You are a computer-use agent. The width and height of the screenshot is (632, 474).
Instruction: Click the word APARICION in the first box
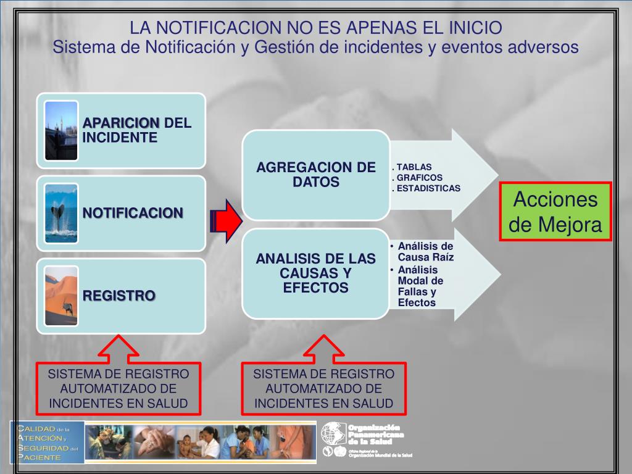(121, 122)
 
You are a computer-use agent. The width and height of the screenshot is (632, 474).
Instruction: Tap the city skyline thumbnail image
(62, 130)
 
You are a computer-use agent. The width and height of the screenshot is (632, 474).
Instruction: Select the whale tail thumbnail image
(62, 213)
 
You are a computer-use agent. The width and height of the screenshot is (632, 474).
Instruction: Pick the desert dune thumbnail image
(62, 296)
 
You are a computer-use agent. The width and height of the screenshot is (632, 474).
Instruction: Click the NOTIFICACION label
(133, 213)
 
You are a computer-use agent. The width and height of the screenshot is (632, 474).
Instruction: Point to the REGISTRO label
(119, 296)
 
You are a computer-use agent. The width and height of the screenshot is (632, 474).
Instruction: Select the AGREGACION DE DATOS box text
(316, 175)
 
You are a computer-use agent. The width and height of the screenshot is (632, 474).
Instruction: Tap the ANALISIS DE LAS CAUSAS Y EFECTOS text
(316, 273)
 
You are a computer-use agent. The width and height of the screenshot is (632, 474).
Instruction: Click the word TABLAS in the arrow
(414, 167)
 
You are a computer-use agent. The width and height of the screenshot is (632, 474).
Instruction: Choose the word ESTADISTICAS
(428, 188)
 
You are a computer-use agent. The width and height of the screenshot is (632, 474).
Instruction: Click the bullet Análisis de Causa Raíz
(425, 252)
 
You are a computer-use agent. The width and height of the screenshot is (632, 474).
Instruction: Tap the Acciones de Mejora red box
(555, 212)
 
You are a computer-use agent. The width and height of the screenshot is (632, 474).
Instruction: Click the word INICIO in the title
(475, 28)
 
